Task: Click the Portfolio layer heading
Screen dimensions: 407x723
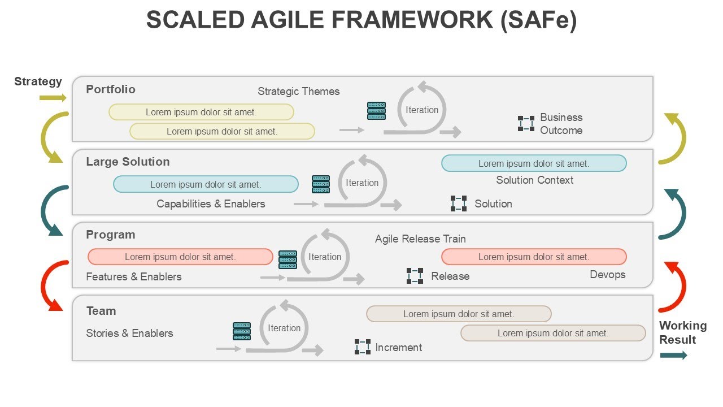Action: pyautogui.click(x=111, y=89)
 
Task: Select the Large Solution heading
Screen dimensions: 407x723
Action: pyautogui.click(x=128, y=162)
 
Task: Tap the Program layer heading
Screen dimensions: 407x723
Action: pyautogui.click(x=111, y=235)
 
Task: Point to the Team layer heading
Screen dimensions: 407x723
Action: pyautogui.click(x=101, y=311)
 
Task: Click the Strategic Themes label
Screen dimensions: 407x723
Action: pyautogui.click(x=299, y=92)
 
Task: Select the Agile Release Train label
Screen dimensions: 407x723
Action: pyautogui.click(x=420, y=239)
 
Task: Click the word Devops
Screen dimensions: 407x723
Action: pyautogui.click(x=608, y=275)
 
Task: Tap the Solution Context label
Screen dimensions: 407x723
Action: pyautogui.click(x=534, y=180)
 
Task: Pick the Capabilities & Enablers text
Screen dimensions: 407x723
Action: pyautogui.click(x=211, y=204)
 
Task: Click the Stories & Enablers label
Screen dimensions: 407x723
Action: pyautogui.click(x=129, y=334)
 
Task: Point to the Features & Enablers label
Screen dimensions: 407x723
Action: pyautogui.click(x=134, y=277)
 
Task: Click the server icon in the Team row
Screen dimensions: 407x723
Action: pyautogui.click(x=242, y=331)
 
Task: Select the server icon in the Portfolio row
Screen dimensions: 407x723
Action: pyautogui.click(x=376, y=111)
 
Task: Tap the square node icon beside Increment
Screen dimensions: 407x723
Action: pyautogui.click(x=363, y=347)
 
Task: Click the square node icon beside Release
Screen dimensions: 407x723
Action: pyautogui.click(x=415, y=276)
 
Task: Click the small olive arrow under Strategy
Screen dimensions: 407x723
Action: pyautogui.click(x=53, y=98)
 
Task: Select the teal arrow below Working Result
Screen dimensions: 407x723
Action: pyautogui.click(x=673, y=356)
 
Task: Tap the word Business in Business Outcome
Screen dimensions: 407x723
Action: pyautogui.click(x=561, y=118)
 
